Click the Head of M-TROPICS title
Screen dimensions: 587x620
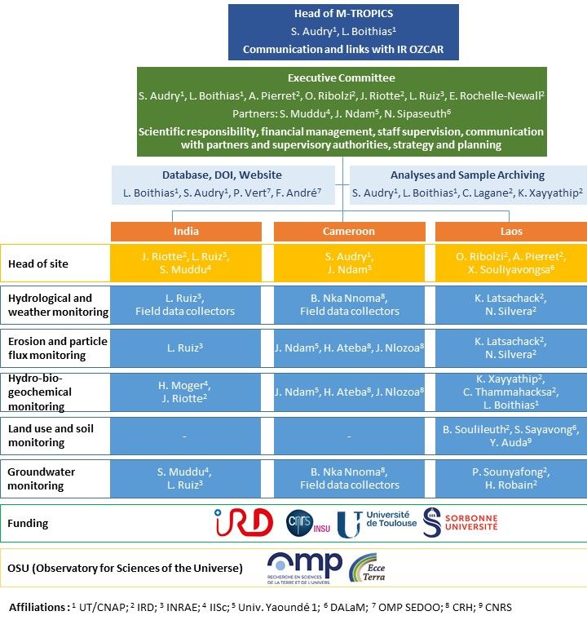[x=343, y=13]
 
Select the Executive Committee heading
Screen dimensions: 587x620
[x=342, y=77]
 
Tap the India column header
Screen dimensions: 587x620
[x=186, y=232]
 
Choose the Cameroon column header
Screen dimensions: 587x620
[x=350, y=232]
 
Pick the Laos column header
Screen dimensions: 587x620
[x=511, y=232]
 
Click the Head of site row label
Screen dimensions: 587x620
[x=38, y=263]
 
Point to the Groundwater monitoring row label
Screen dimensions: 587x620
[x=41, y=478]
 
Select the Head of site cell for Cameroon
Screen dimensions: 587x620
[x=350, y=263]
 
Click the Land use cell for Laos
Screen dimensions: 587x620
[x=511, y=436]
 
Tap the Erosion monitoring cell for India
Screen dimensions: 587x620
[x=185, y=348]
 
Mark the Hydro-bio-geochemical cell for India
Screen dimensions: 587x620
[x=185, y=392]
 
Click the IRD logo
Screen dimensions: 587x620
[x=244, y=522]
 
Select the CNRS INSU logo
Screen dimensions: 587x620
[x=308, y=523]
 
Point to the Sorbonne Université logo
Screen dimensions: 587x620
[x=460, y=522]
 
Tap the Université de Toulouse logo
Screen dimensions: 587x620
[x=377, y=524]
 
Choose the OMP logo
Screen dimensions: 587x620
[x=305, y=568]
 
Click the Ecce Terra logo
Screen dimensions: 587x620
[x=367, y=569]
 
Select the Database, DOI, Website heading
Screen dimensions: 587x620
[x=222, y=175]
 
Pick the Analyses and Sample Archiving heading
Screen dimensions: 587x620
[x=468, y=175]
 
